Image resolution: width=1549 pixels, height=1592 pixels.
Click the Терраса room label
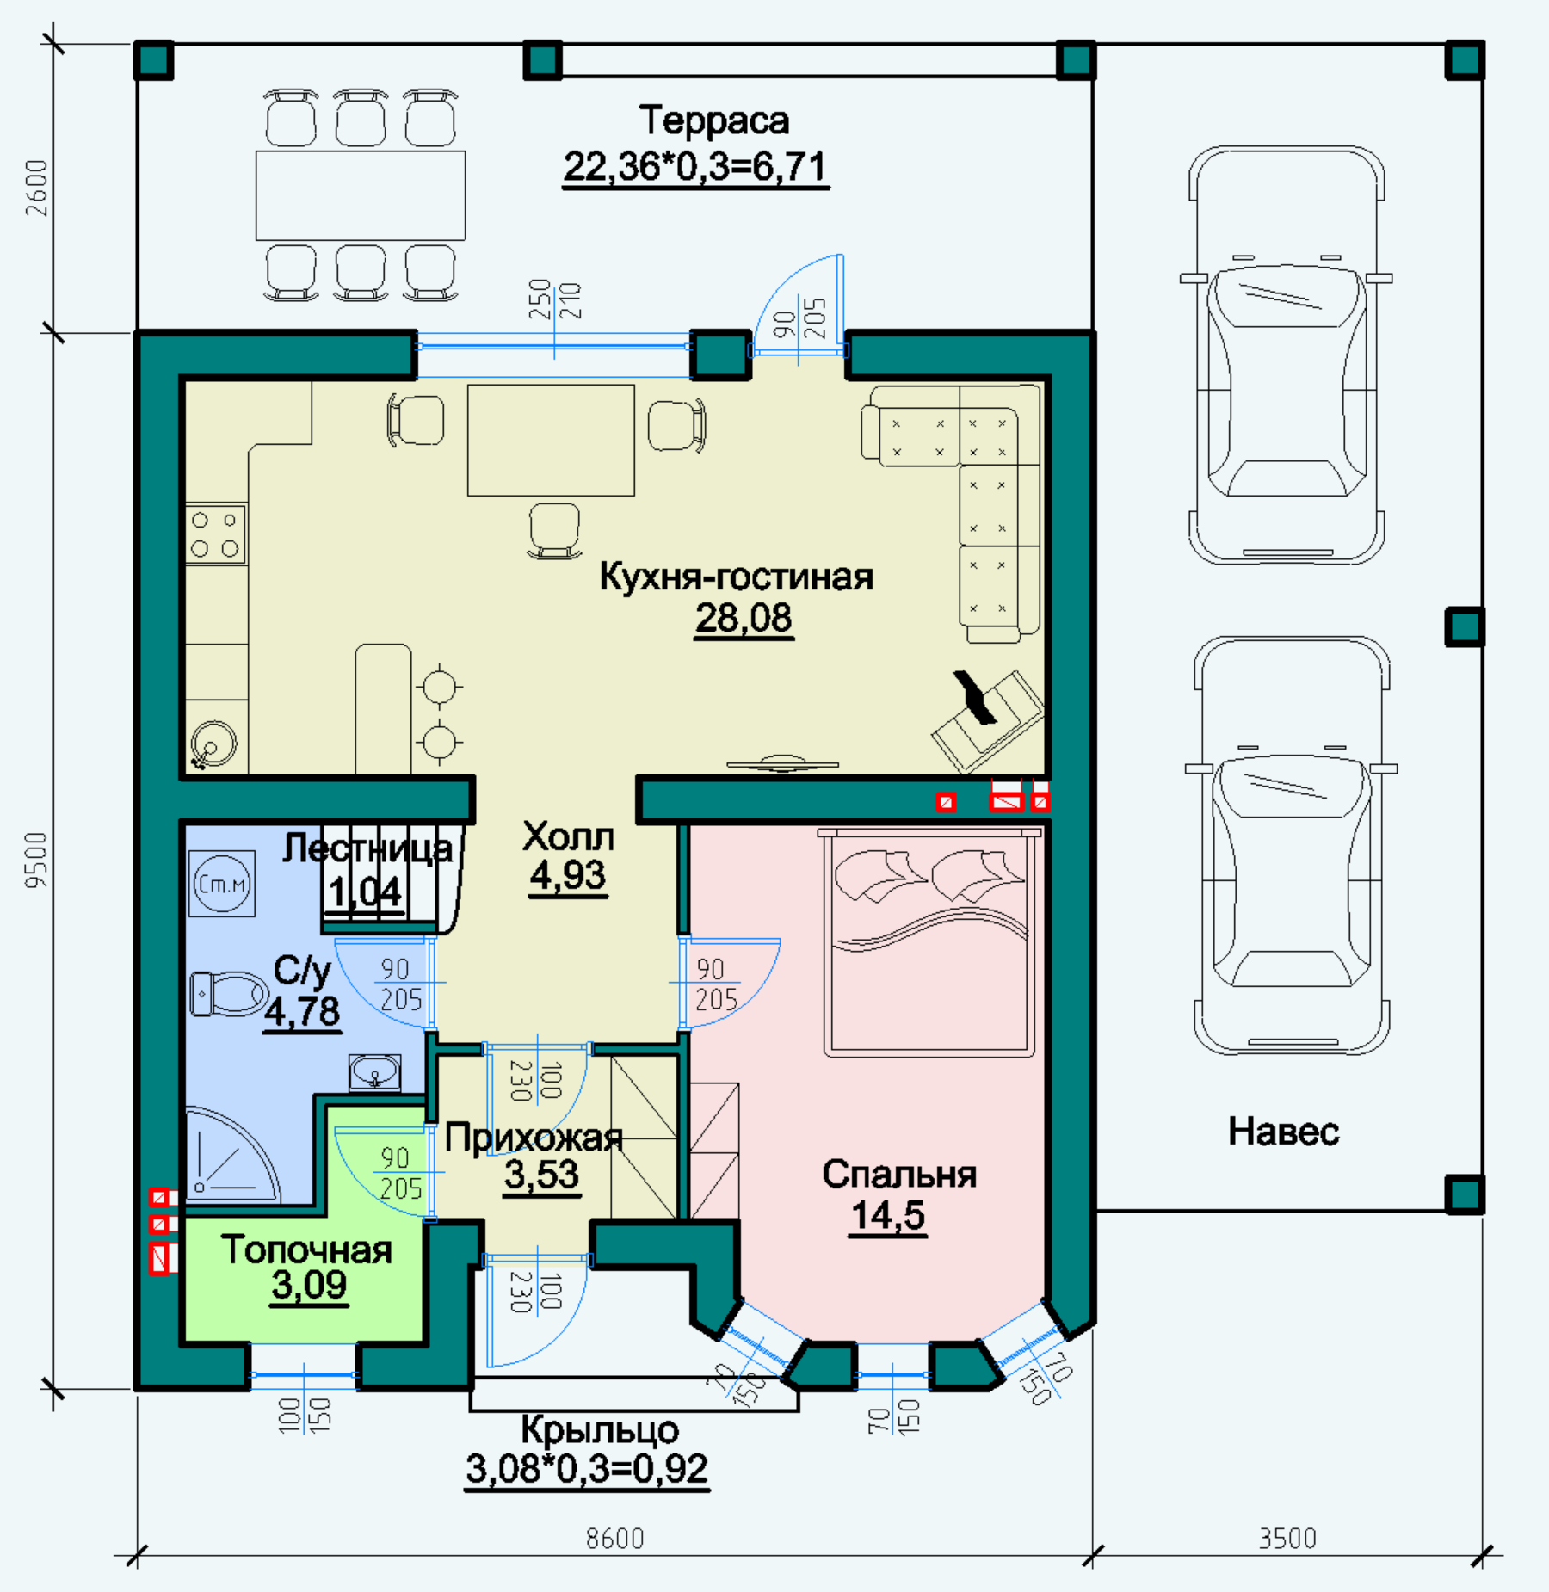click(x=713, y=121)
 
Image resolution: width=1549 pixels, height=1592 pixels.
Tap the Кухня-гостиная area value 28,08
click(x=744, y=618)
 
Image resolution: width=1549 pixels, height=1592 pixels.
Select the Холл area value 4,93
click(x=568, y=875)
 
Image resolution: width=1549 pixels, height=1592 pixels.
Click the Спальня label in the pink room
click(x=899, y=1175)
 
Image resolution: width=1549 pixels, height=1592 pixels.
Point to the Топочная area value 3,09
click(x=309, y=1285)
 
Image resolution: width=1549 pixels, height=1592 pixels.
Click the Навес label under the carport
click(x=1283, y=1132)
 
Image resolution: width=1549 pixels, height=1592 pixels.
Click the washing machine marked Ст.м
click(x=222, y=883)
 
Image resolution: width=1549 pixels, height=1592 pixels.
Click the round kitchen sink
click(x=213, y=743)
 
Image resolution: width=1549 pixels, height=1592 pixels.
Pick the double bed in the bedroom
click(x=929, y=943)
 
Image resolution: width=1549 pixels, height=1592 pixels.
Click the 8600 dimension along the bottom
click(x=614, y=1538)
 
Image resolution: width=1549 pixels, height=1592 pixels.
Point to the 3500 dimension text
click(x=1287, y=1538)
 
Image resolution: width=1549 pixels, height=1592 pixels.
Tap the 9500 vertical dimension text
click(x=37, y=860)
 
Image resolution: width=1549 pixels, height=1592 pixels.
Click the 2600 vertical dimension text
click(x=37, y=188)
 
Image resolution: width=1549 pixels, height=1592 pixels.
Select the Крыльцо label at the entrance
click(x=600, y=1429)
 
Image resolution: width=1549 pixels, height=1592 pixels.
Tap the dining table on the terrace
click(x=361, y=195)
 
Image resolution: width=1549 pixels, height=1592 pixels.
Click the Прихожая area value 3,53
click(x=541, y=1175)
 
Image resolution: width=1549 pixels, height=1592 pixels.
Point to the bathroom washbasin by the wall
click(x=374, y=1073)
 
